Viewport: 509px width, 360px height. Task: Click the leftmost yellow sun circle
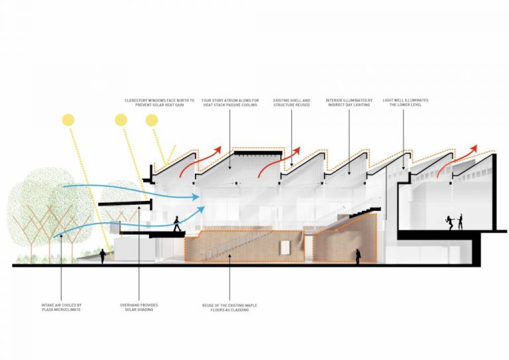coord(68,120)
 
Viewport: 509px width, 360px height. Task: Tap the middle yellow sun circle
coord(121,120)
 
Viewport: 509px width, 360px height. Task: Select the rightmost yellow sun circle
coord(152,120)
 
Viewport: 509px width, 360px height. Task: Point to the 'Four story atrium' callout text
coord(230,103)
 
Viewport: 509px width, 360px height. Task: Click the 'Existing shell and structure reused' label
coord(292,103)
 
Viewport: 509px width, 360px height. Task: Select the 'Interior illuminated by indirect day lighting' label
coord(349,103)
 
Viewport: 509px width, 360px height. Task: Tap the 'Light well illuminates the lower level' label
coord(406,103)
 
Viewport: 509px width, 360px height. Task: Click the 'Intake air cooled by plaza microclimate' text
coord(62,308)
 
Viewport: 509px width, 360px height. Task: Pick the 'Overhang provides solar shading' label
coord(139,308)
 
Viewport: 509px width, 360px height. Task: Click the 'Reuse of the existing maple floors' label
coord(229,308)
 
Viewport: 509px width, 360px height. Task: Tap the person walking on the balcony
coord(177,223)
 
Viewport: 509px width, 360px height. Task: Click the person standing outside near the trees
coord(103,257)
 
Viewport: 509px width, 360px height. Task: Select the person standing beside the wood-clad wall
coord(358,257)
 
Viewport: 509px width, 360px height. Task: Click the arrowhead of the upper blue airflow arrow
coord(196,197)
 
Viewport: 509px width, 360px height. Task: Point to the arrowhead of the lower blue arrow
coord(201,210)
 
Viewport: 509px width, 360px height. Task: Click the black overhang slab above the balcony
coord(125,204)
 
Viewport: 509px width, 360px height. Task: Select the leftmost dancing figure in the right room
coord(449,223)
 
